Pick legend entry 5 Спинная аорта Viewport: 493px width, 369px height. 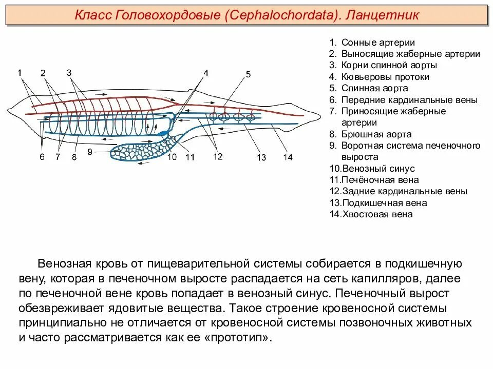pyautogui.click(x=373, y=89)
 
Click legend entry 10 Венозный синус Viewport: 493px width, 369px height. pyautogui.click(x=372, y=169)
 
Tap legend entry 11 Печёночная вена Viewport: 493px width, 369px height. pyautogui.click(x=374, y=180)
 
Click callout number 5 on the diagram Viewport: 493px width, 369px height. pyautogui.click(x=248, y=74)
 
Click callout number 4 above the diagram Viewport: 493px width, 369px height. pyautogui.click(x=206, y=73)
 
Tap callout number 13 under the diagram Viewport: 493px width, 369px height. pyautogui.click(x=262, y=157)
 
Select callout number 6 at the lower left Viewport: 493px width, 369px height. pyautogui.click(x=42, y=157)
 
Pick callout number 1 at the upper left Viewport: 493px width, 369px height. pyautogui.click(x=20, y=73)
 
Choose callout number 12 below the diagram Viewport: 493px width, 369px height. pyautogui.click(x=218, y=157)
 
